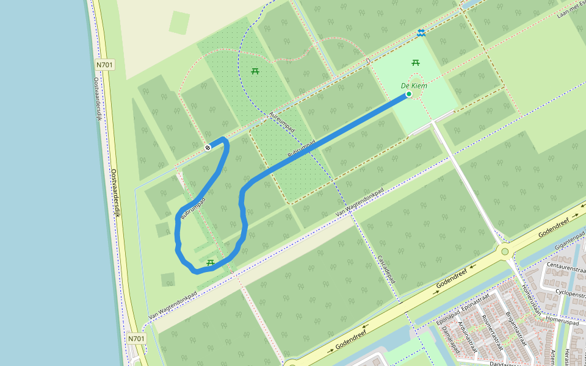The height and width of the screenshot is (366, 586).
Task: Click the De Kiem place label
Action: (x=414, y=86)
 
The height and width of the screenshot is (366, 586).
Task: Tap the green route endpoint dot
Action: (x=408, y=95)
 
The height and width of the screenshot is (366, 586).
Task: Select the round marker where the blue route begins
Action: (x=208, y=147)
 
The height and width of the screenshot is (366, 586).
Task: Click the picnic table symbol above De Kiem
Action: (x=416, y=62)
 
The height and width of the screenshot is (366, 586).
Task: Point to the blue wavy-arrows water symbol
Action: (x=421, y=32)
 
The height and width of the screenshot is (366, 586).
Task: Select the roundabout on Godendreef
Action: (x=505, y=251)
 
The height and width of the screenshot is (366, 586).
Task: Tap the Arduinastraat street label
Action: (x=469, y=339)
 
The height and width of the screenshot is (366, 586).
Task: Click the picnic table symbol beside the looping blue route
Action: (x=210, y=263)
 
